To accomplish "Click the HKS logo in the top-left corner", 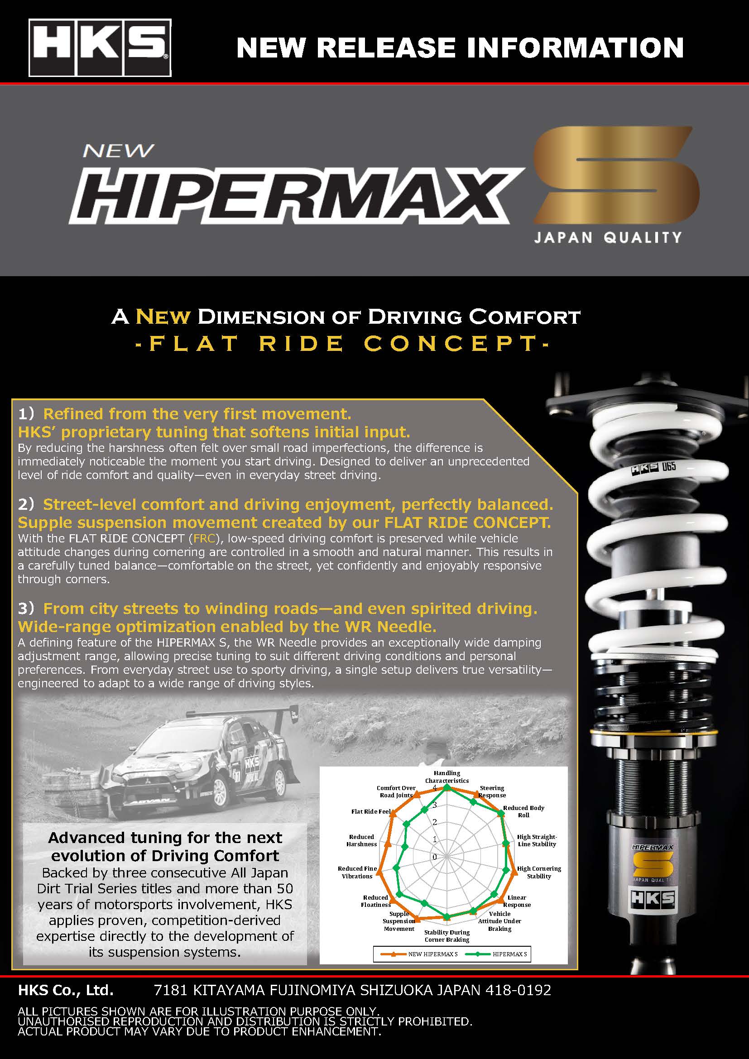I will (x=100, y=48).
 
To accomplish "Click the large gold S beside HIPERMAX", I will (x=616, y=175).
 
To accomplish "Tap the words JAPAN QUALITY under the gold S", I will (x=607, y=238).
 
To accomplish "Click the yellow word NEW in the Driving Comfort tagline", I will (x=163, y=317).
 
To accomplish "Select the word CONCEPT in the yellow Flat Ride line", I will (x=451, y=344).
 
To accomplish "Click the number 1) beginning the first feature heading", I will (x=26, y=414).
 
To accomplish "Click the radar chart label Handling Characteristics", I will (x=447, y=777).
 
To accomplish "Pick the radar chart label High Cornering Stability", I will (x=539, y=872).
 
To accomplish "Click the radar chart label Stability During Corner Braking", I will (x=447, y=936).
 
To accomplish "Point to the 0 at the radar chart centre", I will (x=434, y=857).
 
